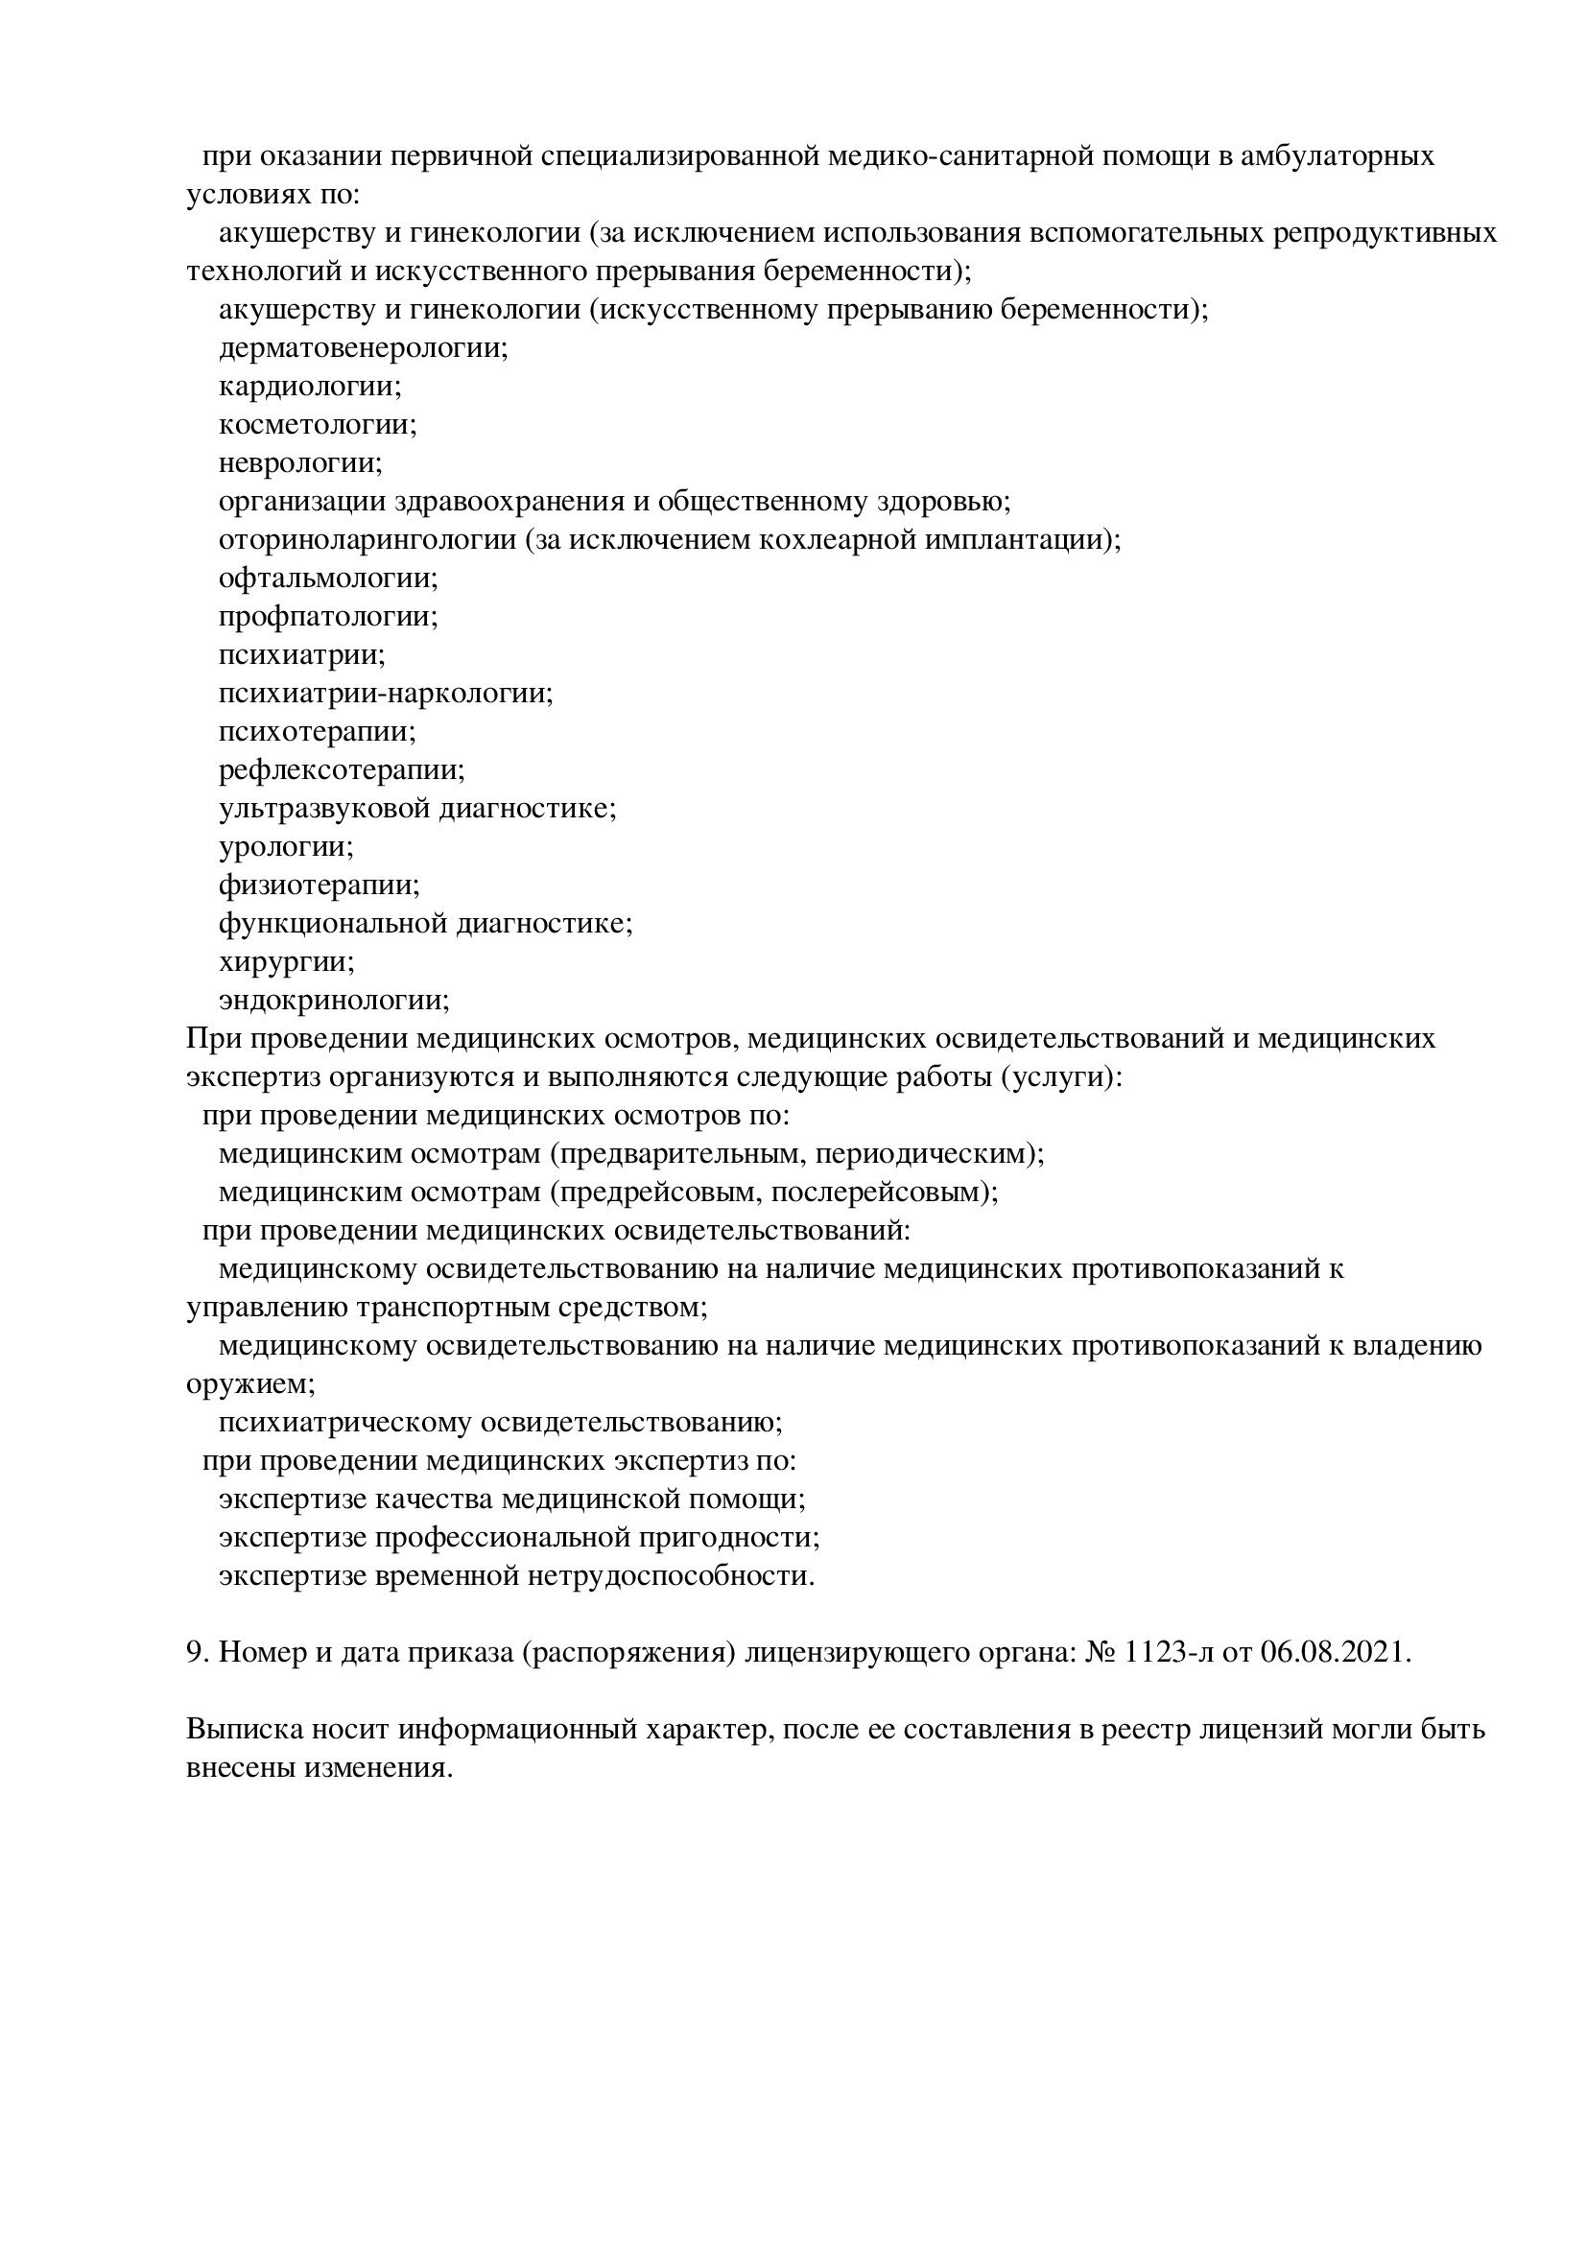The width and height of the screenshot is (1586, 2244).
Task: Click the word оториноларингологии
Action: click(367, 539)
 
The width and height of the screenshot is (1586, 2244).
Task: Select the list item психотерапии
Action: click(318, 731)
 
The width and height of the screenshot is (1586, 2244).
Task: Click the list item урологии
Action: click(286, 846)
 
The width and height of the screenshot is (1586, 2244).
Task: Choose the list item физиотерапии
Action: click(320, 886)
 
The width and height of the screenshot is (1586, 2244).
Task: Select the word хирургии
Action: click(286, 961)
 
